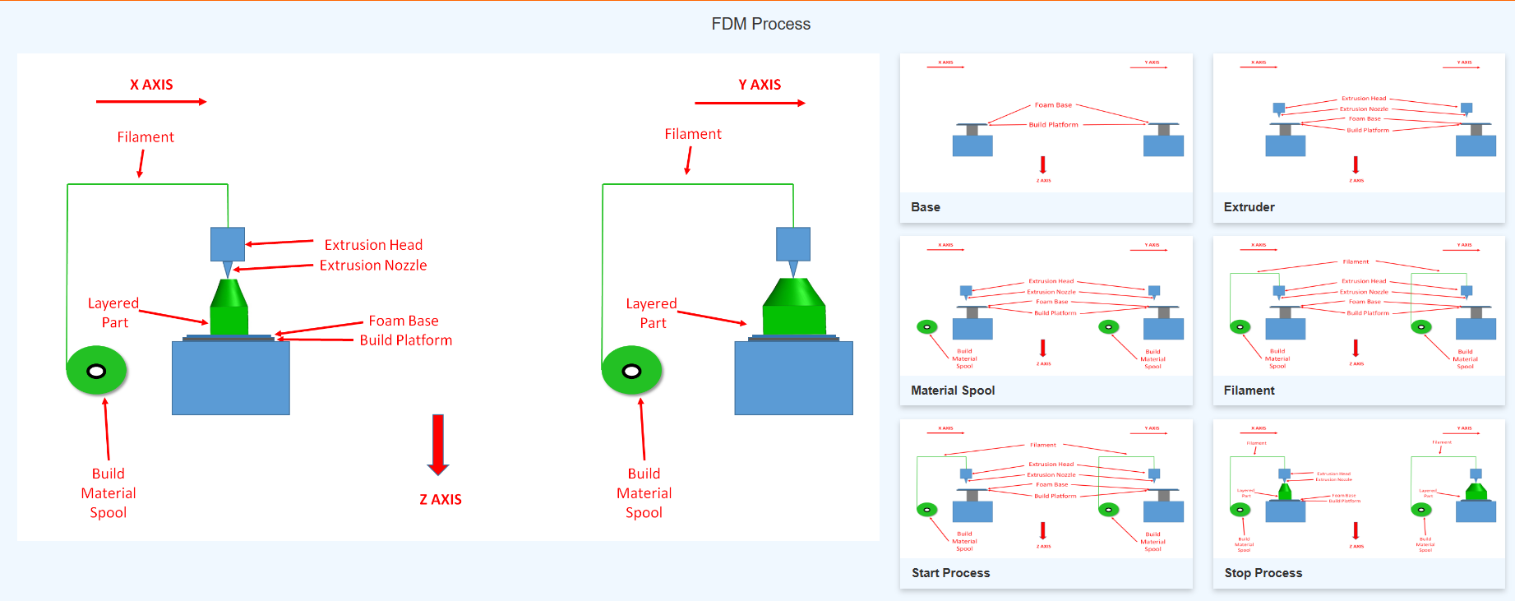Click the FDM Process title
(x=760, y=24)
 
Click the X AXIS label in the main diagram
(x=151, y=85)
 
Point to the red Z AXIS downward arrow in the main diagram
(x=438, y=444)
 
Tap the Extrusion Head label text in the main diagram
(x=373, y=245)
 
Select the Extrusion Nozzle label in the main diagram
(x=373, y=266)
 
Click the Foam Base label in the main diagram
(x=403, y=321)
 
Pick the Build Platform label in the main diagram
(x=405, y=340)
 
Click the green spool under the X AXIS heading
(x=96, y=371)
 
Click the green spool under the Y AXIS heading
(x=631, y=371)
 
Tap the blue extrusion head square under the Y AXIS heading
(x=793, y=244)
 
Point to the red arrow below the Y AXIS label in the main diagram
(x=750, y=104)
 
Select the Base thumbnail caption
(x=926, y=207)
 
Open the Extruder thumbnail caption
(x=1249, y=207)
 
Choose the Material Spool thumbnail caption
(x=953, y=391)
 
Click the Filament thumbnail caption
(x=1249, y=391)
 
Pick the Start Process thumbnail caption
(x=950, y=573)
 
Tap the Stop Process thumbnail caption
(x=1263, y=573)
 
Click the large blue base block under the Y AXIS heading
(x=793, y=378)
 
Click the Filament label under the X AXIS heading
(x=145, y=137)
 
